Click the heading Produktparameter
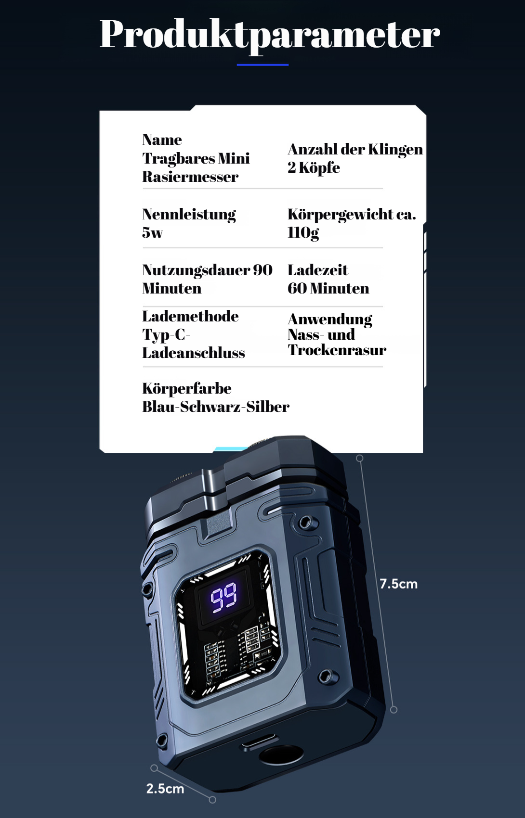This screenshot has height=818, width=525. point(269,35)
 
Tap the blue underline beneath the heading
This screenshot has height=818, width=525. point(262,64)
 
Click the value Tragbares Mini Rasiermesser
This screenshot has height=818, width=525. point(196,167)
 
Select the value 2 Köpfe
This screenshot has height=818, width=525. point(314,167)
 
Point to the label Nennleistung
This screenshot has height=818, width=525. point(189,214)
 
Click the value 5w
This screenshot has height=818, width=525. point(152,232)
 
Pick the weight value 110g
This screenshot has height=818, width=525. point(303,232)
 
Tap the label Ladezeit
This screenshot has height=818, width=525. point(317,270)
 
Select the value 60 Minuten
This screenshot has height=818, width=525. point(328,288)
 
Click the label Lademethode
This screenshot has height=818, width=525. point(190,316)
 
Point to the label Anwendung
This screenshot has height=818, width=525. point(330,319)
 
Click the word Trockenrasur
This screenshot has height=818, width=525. point(337,350)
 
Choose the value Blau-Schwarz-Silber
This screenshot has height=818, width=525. point(215,407)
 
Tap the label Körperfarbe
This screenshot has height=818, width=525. point(187,388)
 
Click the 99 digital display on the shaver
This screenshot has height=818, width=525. point(223,597)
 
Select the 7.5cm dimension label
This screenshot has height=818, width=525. point(398,584)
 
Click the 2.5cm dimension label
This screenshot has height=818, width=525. point(165,788)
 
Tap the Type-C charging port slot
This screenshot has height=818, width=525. point(259,742)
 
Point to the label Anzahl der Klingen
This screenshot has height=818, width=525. point(355,149)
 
